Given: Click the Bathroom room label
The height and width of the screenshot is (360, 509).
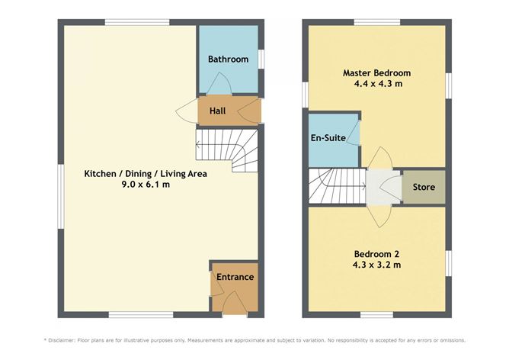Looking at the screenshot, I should pyautogui.click(x=228, y=59).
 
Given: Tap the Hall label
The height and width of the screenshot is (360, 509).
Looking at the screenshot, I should pyautogui.click(x=218, y=111).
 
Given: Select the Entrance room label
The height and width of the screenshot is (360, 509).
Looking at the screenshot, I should pyautogui.click(x=235, y=277).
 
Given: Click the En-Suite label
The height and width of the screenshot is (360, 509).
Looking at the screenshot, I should pyautogui.click(x=329, y=138).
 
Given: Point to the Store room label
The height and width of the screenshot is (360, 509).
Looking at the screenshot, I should pyautogui.click(x=424, y=187).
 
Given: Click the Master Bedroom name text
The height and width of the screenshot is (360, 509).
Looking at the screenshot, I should pyautogui.click(x=376, y=73).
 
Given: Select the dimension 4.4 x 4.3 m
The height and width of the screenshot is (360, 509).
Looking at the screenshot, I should pyautogui.click(x=376, y=84).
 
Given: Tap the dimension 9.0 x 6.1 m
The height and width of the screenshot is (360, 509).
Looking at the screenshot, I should pyautogui.click(x=145, y=184).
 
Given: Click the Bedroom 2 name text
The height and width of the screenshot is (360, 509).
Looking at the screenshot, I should pyautogui.click(x=376, y=253).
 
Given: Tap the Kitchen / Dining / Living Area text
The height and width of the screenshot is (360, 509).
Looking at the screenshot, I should pyautogui.click(x=145, y=173).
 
